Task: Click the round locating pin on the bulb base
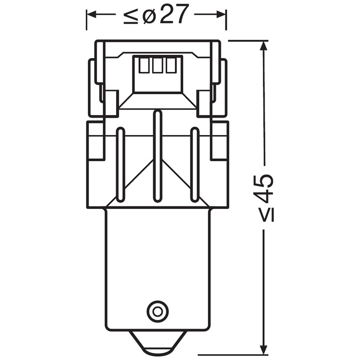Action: (x=157, y=310)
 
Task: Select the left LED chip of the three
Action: (x=144, y=66)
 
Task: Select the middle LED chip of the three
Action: (x=157, y=66)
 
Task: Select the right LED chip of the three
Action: (x=171, y=66)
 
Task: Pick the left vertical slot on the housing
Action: (x=120, y=164)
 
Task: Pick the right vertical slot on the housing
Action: (x=194, y=164)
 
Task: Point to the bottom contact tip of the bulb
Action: (x=157, y=344)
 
